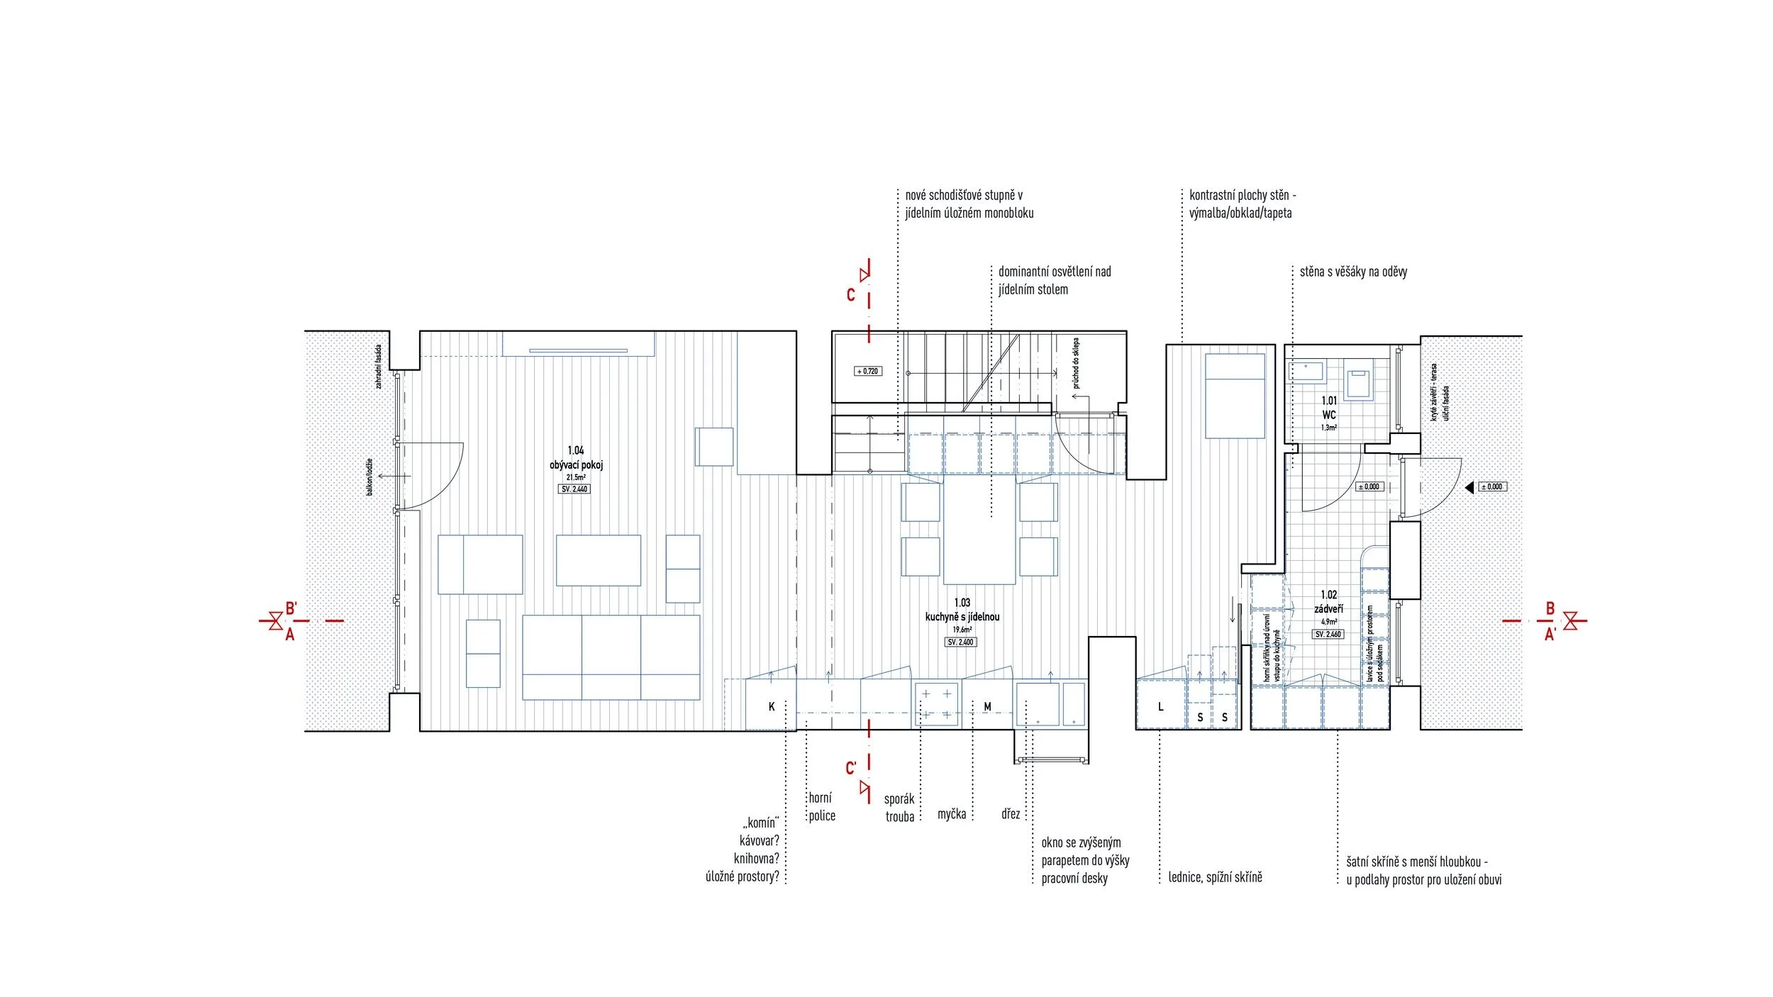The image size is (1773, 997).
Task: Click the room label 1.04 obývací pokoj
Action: [x=576, y=458]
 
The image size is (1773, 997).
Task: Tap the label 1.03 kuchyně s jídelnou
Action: [x=962, y=611]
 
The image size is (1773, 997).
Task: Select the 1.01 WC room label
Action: [x=1328, y=408]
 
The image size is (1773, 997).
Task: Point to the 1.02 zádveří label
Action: [x=1328, y=602]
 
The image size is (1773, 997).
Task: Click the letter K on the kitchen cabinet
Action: [x=772, y=706]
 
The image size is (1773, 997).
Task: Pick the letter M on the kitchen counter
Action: [x=987, y=706]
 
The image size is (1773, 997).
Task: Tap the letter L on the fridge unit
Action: [x=1160, y=706]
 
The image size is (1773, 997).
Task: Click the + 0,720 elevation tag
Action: [x=868, y=371]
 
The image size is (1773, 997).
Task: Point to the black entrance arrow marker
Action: [x=1469, y=487]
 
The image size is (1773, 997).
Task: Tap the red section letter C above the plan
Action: [x=851, y=294]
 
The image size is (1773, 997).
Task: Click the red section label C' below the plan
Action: [x=851, y=768]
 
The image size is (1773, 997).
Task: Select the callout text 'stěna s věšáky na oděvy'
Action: [x=1353, y=272]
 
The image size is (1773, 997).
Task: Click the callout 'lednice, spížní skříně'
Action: [x=1215, y=877]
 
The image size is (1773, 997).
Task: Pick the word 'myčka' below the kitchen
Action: [x=951, y=814]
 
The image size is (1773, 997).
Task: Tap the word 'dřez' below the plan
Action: [x=1011, y=814]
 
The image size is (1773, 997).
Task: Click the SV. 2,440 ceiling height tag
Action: [x=574, y=489]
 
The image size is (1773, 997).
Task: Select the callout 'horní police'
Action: [x=821, y=807]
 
